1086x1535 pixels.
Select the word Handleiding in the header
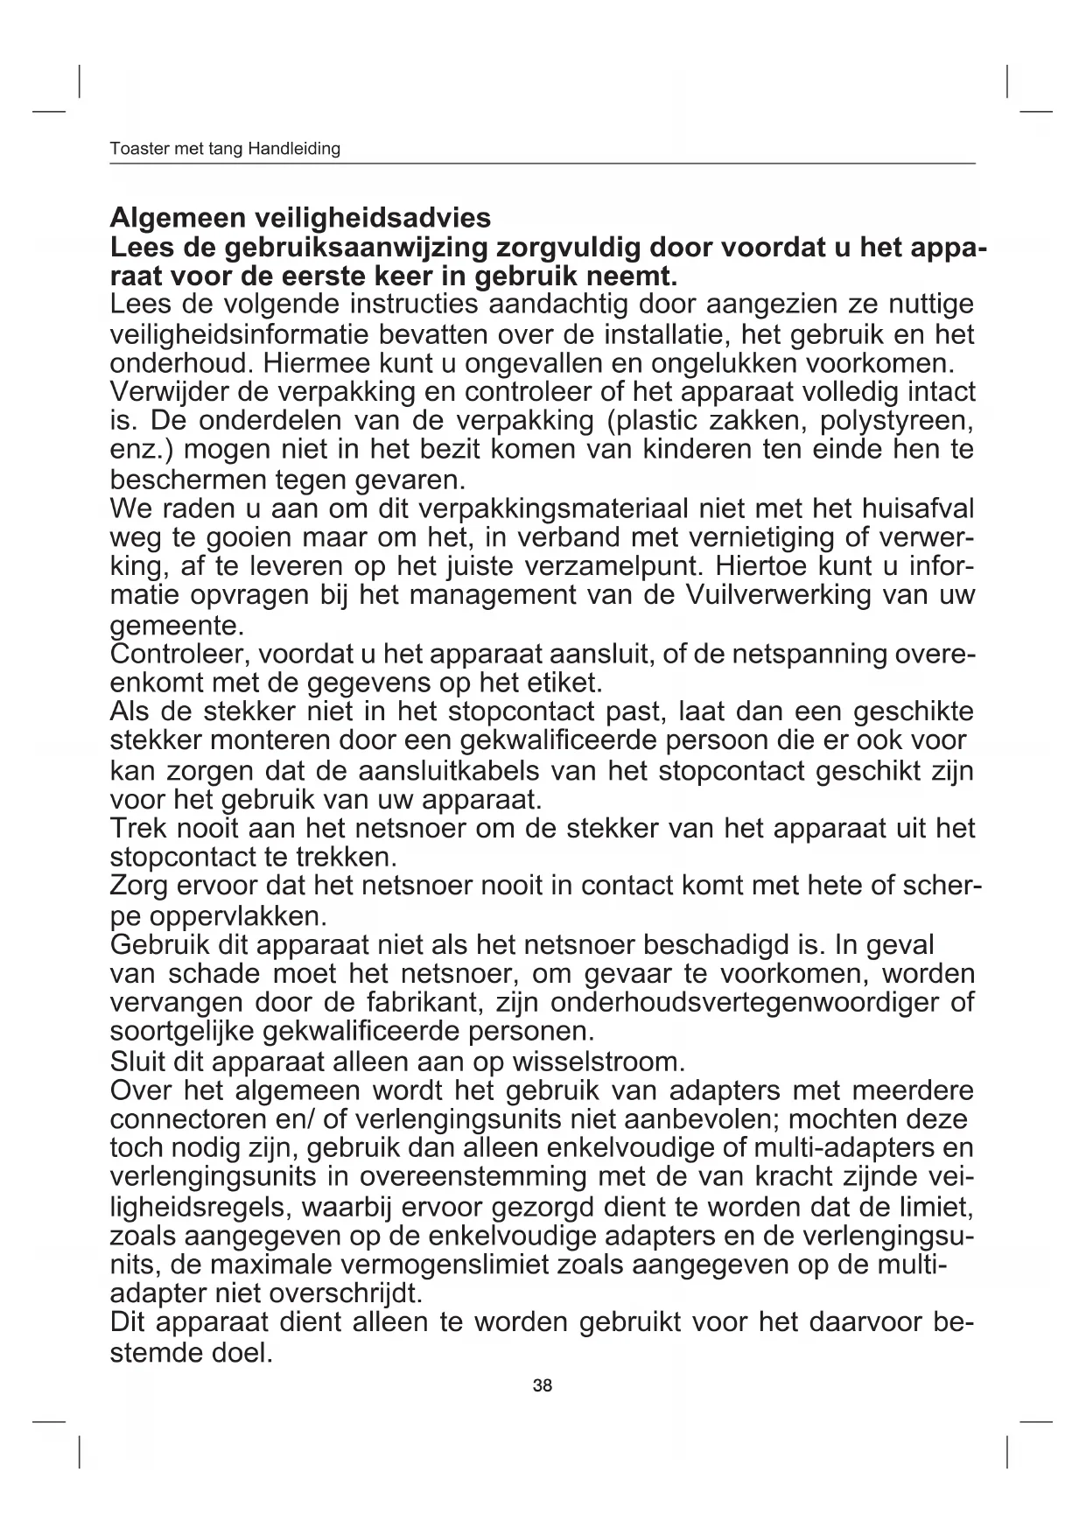pos(294,149)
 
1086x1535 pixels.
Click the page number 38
pos(543,1386)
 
